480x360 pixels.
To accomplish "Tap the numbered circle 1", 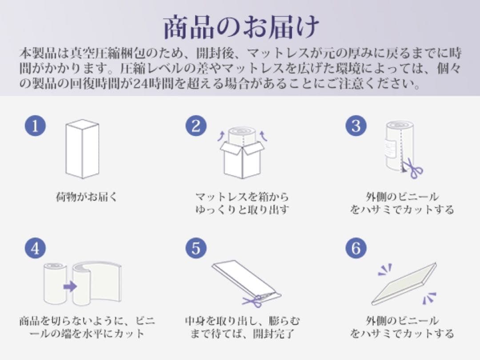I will click(x=35, y=126).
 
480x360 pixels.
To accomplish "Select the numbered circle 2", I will click(x=196, y=126).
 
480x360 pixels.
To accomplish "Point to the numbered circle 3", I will click(x=356, y=126).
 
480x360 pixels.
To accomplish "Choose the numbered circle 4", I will click(x=35, y=248).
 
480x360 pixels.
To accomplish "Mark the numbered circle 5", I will click(x=196, y=248).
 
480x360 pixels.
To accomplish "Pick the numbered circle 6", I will click(x=356, y=248).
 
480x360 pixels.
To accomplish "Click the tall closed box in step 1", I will click(x=82, y=149).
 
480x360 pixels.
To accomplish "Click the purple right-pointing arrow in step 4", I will click(x=70, y=286).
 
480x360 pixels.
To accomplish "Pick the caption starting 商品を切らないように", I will click(x=87, y=326).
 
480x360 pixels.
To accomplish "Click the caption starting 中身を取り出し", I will click(x=242, y=326).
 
